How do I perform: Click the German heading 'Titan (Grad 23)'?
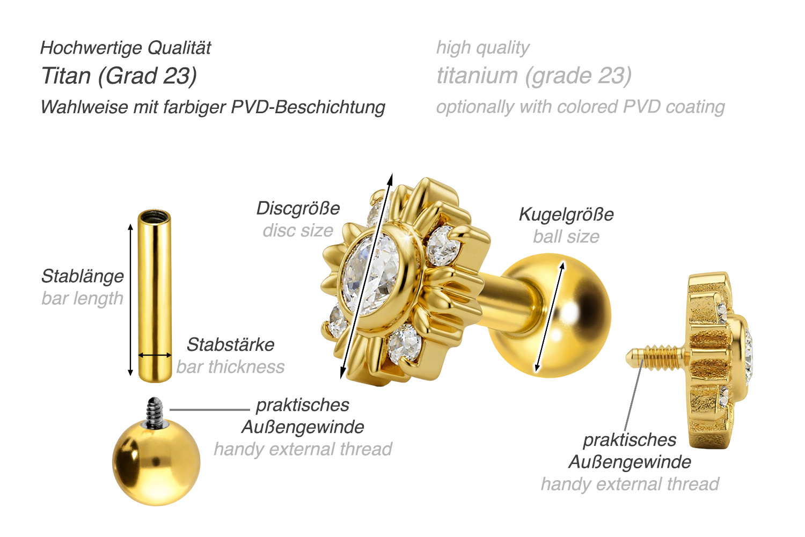119,76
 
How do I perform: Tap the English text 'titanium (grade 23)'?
534,76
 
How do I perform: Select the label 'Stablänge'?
83,277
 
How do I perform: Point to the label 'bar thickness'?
230,367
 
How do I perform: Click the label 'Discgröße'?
298,208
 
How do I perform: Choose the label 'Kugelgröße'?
566,215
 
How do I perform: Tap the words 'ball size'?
566,237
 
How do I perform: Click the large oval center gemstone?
371,274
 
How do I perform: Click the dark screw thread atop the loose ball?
155,413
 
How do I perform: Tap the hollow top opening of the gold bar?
154,217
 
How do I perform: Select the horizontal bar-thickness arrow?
155,355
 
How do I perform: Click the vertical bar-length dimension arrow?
130,299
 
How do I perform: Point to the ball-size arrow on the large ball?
550,317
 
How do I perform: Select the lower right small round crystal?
404,343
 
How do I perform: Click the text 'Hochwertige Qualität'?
126,48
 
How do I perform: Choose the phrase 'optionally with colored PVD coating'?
580,107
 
